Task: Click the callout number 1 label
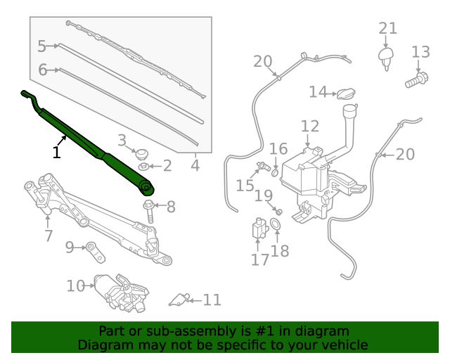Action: [x=56, y=151]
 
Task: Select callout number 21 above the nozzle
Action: [x=388, y=29]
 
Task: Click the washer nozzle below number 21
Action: [x=385, y=57]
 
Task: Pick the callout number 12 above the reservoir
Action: [x=310, y=127]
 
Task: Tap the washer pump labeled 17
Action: [x=258, y=230]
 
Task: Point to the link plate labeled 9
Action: [x=93, y=247]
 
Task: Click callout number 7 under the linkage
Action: [x=48, y=236]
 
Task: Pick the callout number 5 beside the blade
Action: [x=41, y=46]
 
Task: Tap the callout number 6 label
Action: [x=42, y=70]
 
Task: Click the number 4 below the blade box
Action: [x=195, y=166]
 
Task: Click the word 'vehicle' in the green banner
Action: [x=342, y=345]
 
